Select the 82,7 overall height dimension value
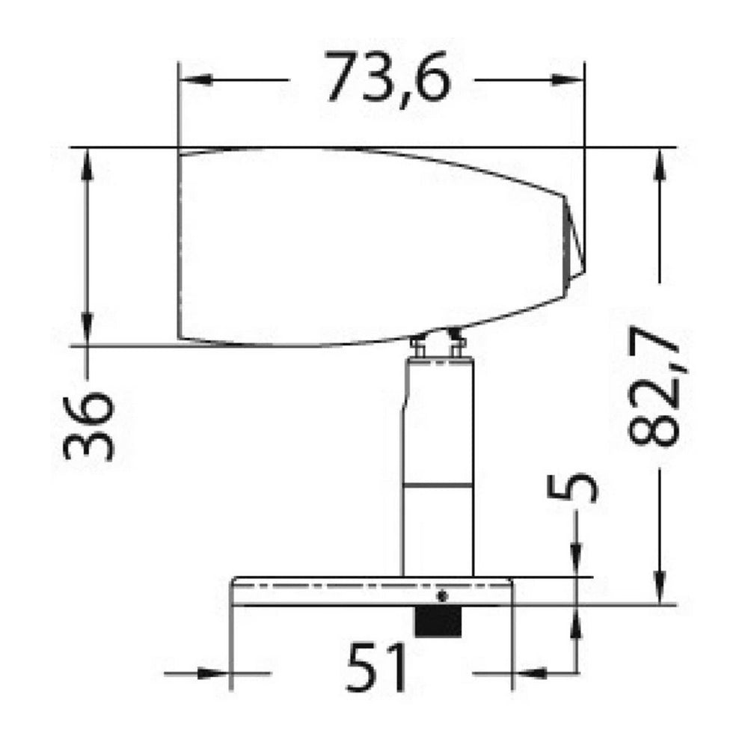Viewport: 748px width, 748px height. coord(655,390)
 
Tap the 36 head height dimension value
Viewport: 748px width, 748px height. coord(88,426)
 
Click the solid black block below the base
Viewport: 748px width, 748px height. coord(438,622)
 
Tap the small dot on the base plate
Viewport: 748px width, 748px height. coord(442,596)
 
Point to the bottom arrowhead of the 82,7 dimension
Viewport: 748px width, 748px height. coord(660,587)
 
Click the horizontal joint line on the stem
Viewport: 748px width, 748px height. coord(438,487)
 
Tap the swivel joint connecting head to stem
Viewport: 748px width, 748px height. coord(438,345)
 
